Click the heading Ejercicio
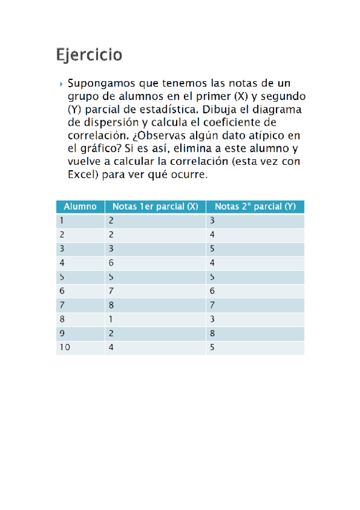(x=89, y=55)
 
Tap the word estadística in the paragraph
(x=165, y=109)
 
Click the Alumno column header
(x=80, y=206)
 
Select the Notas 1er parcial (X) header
(x=155, y=206)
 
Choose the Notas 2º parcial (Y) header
(x=255, y=206)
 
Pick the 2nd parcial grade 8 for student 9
(x=213, y=333)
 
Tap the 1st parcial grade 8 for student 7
(x=112, y=305)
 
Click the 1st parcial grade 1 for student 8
(x=111, y=319)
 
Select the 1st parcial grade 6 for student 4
(x=112, y=263)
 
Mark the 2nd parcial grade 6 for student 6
(x=213, y=291)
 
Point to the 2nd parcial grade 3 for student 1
(x=213, y=221)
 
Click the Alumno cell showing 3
(x=62, y=249)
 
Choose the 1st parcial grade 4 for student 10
(x=112, y=347)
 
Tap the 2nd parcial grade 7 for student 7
(x=213, y=305)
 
